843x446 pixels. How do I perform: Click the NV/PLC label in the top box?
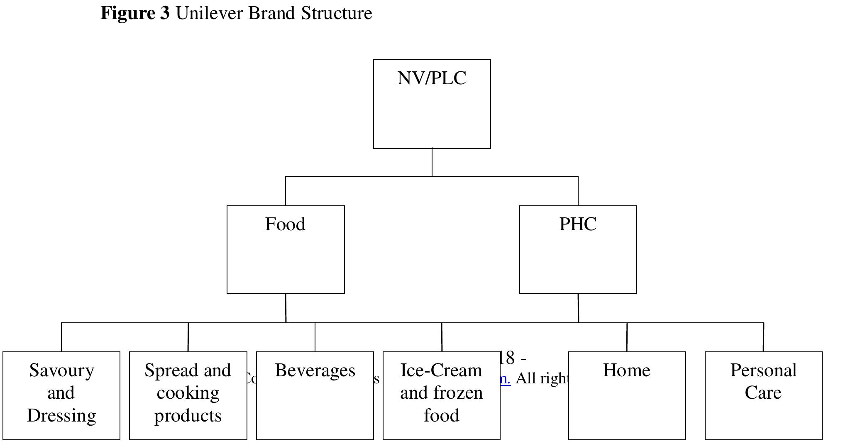click(x=432, y=78)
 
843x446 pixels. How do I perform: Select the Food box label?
click(x=285, y=224)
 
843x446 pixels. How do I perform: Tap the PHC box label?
click(x=578, y=224)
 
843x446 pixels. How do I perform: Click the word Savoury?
click(x=61, y=370)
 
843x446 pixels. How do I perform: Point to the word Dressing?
click(x=61, y=415)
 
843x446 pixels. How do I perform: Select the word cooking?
click(x=188, y=393)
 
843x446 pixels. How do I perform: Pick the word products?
click(x=188, y=415)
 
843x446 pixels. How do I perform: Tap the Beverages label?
click(x=315, y=370)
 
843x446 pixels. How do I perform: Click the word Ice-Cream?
click(x=441, y=370)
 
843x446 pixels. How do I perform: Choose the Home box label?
click(x=626, y=370)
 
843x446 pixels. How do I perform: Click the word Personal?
click(x=763, y=370)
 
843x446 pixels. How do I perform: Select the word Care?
click(x=763, y=393)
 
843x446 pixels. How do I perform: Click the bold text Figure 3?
click(x=135, y=13)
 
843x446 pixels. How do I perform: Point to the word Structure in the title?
click(x=337, y=13)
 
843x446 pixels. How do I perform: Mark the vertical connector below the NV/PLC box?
click(x=432, y=162)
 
